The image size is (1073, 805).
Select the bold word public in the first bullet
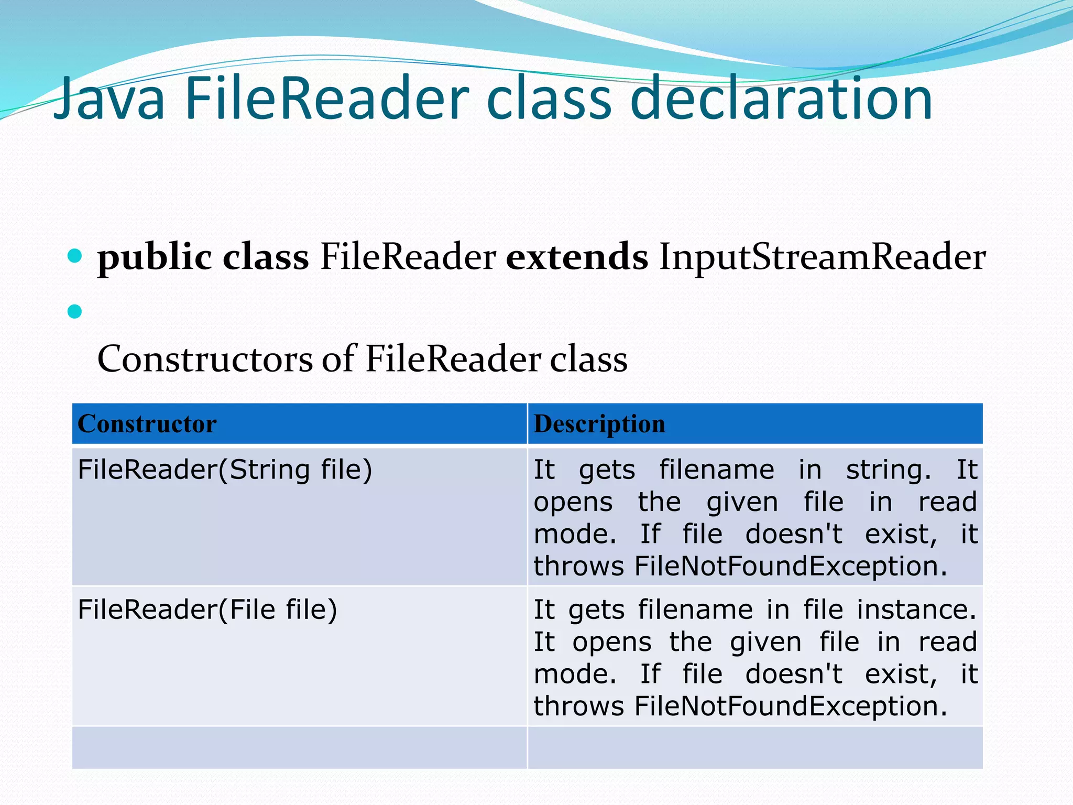155,258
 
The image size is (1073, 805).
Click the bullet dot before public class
75,256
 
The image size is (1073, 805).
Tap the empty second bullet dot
75,312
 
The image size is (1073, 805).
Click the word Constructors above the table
205,360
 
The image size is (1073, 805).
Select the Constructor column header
147,423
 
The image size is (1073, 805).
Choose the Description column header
599,423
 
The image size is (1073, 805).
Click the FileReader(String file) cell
225,469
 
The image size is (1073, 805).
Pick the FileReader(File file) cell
207,610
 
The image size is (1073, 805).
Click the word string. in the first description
889,470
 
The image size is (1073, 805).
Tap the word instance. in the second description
917,610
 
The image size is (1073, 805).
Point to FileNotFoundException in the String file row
791,567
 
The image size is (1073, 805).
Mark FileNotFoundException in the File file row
791,706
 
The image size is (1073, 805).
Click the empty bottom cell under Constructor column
299,747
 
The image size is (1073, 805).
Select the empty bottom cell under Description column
755,747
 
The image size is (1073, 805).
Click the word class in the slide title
549,100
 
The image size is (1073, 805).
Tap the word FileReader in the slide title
326,100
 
